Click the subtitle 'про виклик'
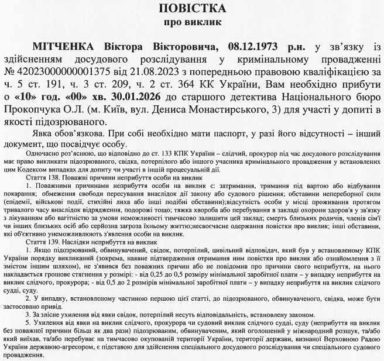click(192, 24)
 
